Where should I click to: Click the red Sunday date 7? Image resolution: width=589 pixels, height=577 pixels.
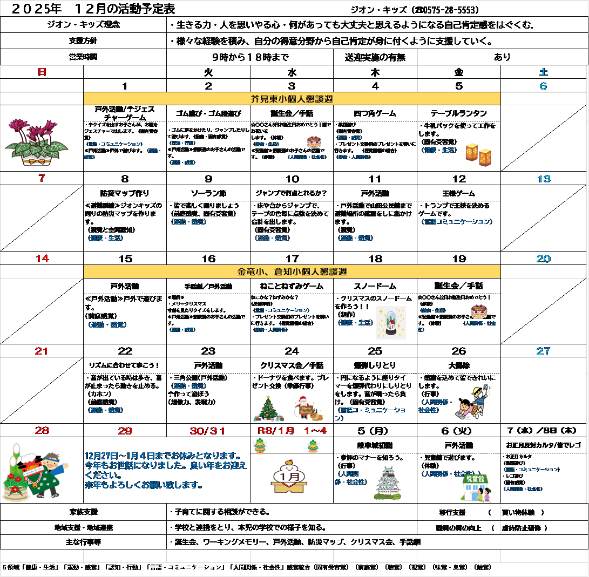click(42, 179)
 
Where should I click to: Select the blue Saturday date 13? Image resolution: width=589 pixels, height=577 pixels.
click(543, 179)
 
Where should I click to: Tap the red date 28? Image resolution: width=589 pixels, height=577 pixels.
click(42, 431)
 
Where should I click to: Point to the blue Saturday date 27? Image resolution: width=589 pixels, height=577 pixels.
click(543, 351)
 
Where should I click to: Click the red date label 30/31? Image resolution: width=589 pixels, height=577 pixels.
click(207, 431)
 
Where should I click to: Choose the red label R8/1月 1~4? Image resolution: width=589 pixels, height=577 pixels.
click(291, 431)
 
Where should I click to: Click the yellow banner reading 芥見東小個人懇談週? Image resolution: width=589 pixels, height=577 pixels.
click(292, 99)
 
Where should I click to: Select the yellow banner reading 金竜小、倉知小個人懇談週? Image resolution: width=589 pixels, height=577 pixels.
click(292, 271)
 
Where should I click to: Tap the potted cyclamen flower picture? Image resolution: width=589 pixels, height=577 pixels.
click(37, 142)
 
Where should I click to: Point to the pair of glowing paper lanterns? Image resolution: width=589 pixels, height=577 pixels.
click(478, 154)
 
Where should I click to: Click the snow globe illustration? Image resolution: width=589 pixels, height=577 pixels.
click(390, 322)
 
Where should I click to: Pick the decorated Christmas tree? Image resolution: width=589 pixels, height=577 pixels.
click(268, 409)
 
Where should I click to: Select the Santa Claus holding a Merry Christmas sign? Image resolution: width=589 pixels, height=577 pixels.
click(308, 409)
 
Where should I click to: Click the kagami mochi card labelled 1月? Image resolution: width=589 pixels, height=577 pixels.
click(288, 476)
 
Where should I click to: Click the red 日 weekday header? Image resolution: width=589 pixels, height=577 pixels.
click(42, 72)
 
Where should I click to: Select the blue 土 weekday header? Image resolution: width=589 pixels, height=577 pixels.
click(543, 72)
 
